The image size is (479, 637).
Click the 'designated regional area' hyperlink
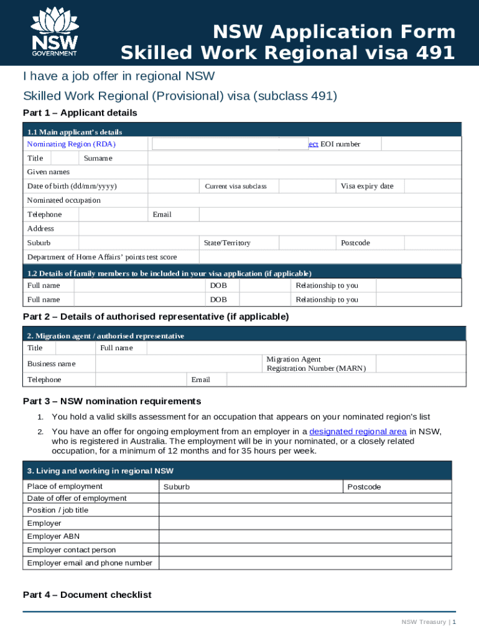358,431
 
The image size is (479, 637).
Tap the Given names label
49,172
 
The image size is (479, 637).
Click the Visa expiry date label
366,186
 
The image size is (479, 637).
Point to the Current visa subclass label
235,187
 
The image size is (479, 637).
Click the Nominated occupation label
63,200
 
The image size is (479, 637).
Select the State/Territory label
227,243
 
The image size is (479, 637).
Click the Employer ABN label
53,536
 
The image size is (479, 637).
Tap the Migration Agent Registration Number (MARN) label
316,364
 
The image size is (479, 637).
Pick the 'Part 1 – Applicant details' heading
80,113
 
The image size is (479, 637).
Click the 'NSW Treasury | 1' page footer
429,622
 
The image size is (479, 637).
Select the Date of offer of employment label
77,498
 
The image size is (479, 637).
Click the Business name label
51,363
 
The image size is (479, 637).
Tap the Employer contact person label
72,550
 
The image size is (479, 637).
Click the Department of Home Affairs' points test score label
102,257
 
